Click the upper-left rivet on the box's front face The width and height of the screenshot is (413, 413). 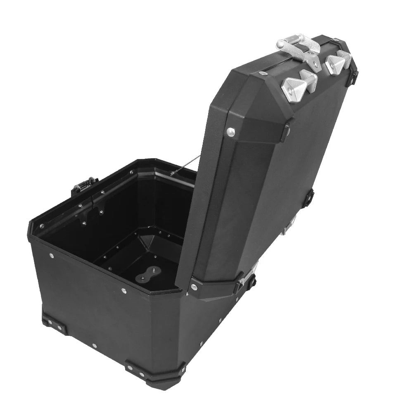pyautogui.click(x=51, y=255)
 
